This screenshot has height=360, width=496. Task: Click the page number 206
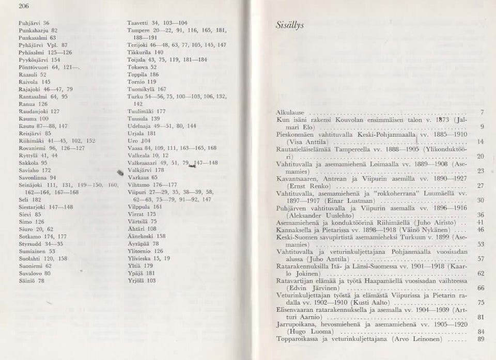(x=22, y=6)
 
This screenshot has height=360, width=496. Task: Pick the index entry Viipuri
(x=136, y=191)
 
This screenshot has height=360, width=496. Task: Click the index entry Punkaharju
(x=34, y=30)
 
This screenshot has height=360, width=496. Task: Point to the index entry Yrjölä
(x=136, y=280)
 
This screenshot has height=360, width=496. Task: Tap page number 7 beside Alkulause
(x=482, y=112)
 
